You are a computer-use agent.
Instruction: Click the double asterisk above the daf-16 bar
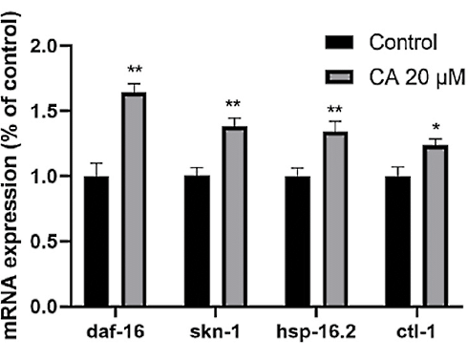135,72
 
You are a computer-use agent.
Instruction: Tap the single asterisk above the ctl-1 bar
436,129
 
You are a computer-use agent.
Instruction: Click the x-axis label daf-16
115,330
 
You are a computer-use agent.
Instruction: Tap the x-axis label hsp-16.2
317,330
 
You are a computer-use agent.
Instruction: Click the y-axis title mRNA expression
13,181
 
